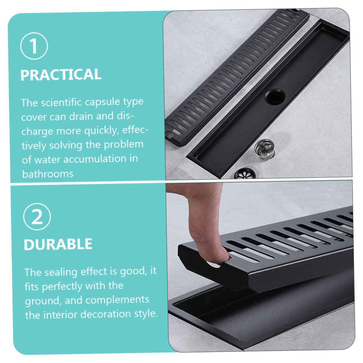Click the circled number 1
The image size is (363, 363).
(34, 46)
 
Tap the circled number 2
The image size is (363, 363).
(37, 217)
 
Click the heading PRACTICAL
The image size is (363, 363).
(61, 75)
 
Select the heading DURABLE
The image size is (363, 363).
(58, 244)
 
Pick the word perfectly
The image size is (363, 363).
(62, 287)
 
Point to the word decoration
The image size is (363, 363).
(106, 314)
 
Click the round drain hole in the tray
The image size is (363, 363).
(275, 97)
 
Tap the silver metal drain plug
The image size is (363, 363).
(265, 149)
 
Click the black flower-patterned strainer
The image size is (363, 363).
(245, 173)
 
